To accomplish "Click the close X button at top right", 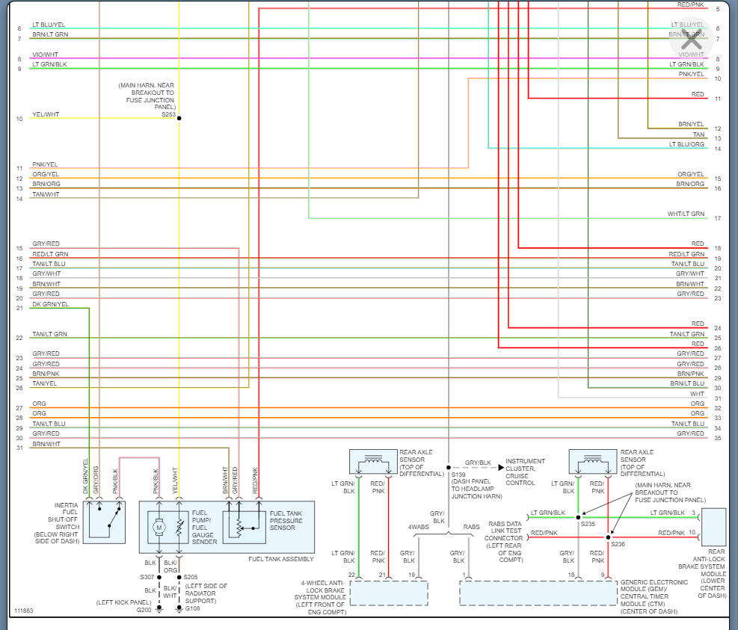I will (x=691, y=39).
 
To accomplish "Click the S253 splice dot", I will (x=179, y=118).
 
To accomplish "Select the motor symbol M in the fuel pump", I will (x=159, y=528).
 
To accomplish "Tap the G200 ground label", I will (x=144, y=610).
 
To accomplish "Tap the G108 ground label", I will (x=193, y=608).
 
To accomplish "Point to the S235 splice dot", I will (x=578, y=516).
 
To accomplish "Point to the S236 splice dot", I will (x=608, y=537).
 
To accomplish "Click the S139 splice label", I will (x=458, y=475).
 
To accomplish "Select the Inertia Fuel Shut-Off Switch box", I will (x=104, y=520).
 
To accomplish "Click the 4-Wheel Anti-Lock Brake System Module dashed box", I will (x=389, y=593).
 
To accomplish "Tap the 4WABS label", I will (x=419, y=527).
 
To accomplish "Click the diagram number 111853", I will (x=23, y=611).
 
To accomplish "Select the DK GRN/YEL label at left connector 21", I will (x=50, y=304).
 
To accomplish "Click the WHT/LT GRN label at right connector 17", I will (x=686, y=214).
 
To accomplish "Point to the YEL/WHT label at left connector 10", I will (x=46, y=115).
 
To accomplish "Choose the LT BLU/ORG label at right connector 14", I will (x=686, y=144).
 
